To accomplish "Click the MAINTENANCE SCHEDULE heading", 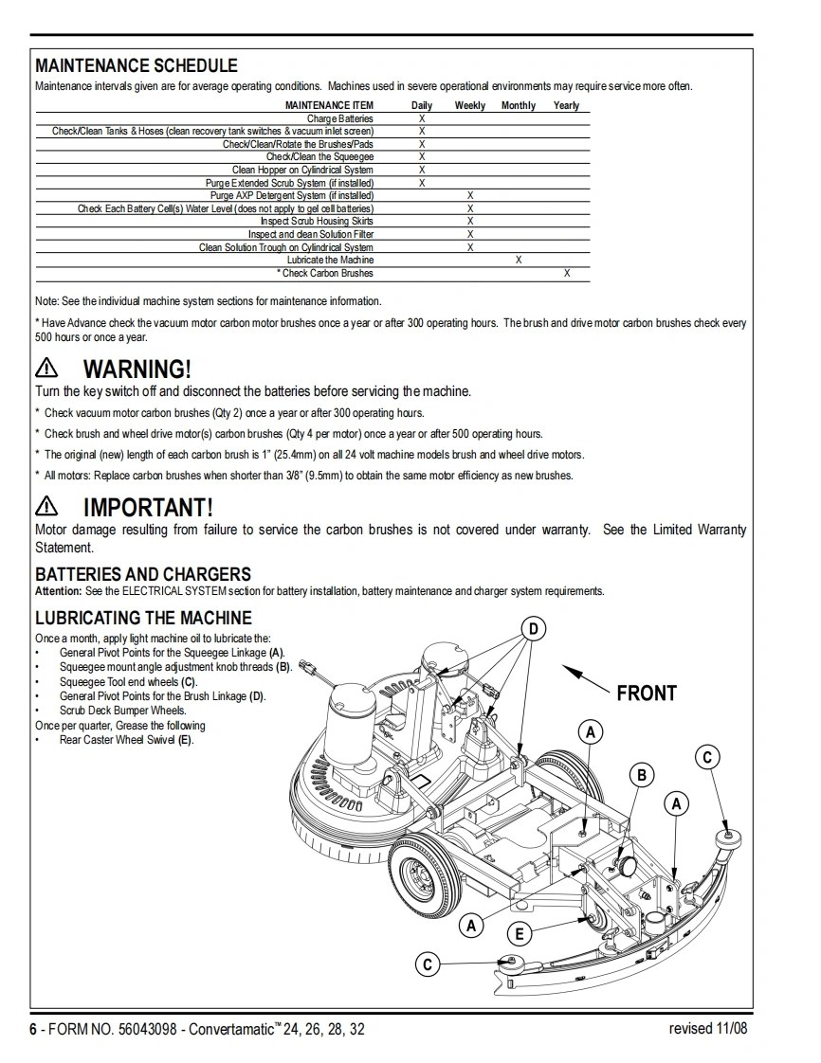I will tap(137, 65).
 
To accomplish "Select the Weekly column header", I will tap(469, 105).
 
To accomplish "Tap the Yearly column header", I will tap(566, 105).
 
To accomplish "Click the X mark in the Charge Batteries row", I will tap(422, 118).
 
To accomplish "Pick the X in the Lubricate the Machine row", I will tap(519, 260).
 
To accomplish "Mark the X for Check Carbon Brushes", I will tap(567, 273).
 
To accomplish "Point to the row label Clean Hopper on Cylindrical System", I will tap(302, 170).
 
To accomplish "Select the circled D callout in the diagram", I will tap(535, 628).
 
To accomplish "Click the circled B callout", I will tap(642, 776).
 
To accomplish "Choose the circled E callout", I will tap(520, 934).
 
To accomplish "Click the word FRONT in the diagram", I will tap(647, 694).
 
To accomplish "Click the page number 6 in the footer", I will tap(32, 1030).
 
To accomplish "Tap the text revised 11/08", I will tap(707, 1029).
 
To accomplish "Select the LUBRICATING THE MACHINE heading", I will tap(142, 618).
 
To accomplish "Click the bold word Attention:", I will tap(58, 591).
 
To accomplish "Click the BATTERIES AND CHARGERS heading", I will tap(143, 574).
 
